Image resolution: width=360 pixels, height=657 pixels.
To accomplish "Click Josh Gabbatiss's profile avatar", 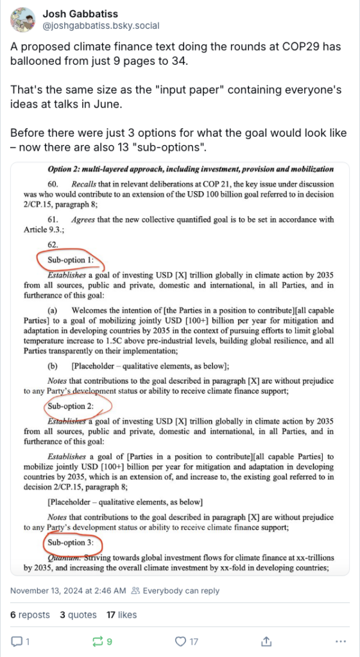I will point(22,19).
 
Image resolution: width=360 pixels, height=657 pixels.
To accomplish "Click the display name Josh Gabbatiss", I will point(80,13).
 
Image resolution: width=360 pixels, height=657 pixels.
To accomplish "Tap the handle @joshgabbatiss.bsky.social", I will point(101,26).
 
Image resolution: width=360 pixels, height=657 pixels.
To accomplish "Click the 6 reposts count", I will point(30,615).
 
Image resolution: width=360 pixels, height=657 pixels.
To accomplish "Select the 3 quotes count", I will point(78,615).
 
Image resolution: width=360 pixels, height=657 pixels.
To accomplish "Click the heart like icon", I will point(182,641).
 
